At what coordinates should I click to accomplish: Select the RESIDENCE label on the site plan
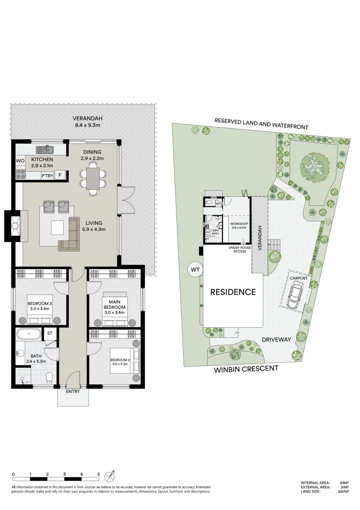coord(233,292)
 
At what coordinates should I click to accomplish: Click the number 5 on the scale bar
coord(99,474)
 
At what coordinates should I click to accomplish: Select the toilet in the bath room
coord(50,376)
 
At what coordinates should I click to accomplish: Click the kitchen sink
coord(47,150)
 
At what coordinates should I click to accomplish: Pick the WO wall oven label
coord(20,161)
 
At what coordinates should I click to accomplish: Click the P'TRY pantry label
coord(47,176)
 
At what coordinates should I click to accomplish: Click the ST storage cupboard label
coord(50,333)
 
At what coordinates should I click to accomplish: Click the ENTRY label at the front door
coord(73,391)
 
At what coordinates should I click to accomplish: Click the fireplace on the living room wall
coord(14,226)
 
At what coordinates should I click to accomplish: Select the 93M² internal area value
coord(344,483)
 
